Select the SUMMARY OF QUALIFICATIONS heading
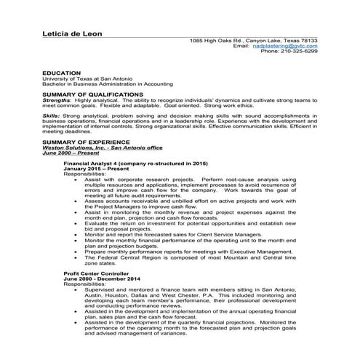92,95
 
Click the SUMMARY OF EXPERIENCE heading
86,140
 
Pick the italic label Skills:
52,116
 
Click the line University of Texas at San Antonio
86,79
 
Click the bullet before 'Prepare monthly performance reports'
76,252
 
